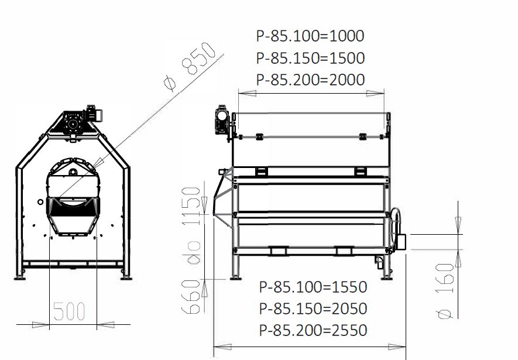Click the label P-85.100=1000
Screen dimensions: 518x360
[310, 36]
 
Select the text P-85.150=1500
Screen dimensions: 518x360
[310, 58]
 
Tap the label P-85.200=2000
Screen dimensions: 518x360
[310, 80]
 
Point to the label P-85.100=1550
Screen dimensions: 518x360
[313, 287]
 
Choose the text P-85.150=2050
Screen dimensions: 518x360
[313, 308]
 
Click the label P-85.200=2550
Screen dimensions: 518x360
[313, 330]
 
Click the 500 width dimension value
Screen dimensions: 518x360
[69, 311]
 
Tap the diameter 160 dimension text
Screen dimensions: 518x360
[445, 292]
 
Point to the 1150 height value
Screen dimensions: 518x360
[191, 206]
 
